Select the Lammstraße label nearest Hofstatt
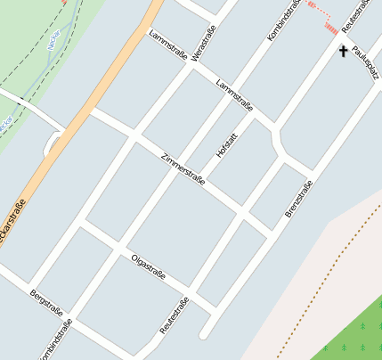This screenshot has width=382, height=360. [x=234, y=95]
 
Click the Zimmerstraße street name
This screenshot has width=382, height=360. [x=183, y=168]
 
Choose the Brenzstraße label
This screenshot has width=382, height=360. [x=299, y=198]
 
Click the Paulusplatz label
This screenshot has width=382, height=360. [x=365, y=61]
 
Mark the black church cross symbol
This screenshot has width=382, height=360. [x=344, y=52]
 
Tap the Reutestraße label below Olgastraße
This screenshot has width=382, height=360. [x=174, y=315]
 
